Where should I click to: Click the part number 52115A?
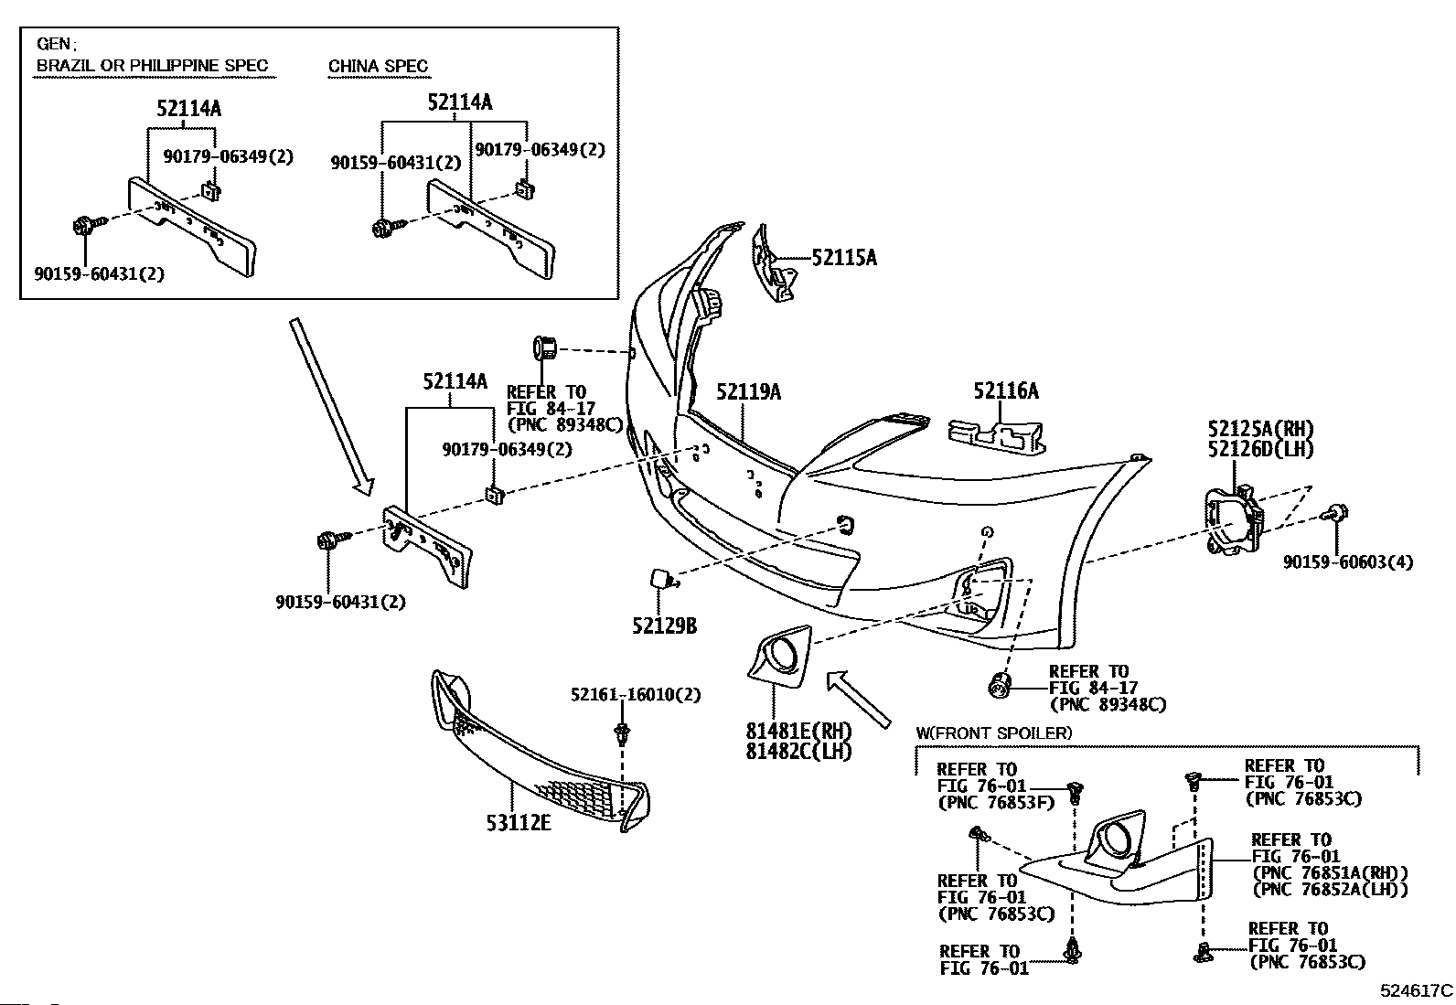844,258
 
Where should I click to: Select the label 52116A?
1005,390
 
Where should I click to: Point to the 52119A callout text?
749,391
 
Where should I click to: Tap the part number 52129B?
664,625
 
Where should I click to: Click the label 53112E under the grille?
519,822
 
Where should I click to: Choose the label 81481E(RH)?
798,731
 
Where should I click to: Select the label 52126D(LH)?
1261,448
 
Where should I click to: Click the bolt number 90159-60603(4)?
1348,561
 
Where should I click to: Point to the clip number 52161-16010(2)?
636,694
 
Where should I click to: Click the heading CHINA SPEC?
378,66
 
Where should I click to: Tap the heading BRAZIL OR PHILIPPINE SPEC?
152,65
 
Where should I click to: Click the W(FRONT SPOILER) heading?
994,732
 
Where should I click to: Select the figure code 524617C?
1417,990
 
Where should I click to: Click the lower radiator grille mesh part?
540,754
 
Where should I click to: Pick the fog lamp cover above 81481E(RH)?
780,657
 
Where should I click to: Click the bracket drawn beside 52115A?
774,263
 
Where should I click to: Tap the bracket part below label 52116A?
997,435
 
